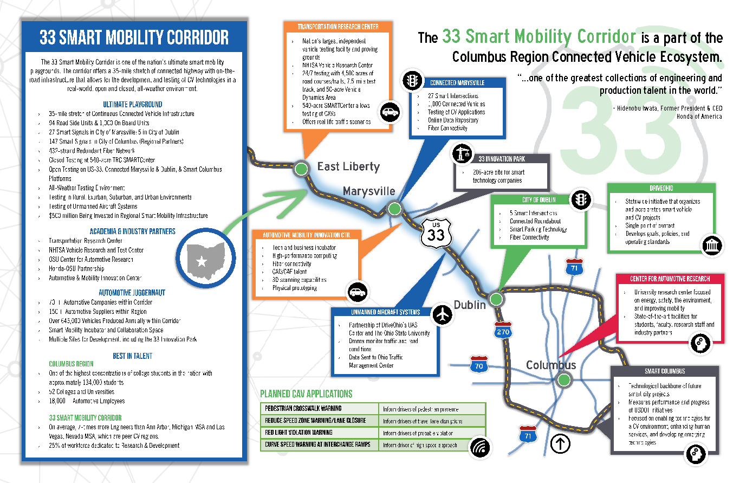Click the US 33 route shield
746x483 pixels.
[x=436, y=234]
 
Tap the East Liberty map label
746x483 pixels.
[x=348, y=166]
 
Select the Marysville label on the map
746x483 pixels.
[x=369, y=191]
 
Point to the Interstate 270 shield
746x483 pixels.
[x=503, y=331]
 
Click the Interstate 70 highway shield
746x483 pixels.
[x=479, y=365]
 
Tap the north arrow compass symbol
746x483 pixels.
[x=560, y=444]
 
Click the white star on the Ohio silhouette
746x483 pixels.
[x=202, y=262]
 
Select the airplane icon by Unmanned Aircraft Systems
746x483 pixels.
[x=443, y=314]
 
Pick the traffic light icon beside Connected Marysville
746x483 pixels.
[x=412, y=81]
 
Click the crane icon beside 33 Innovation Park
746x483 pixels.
[x=462, y=154]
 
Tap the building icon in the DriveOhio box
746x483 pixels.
[x=712, y=246]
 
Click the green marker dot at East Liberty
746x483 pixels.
[x=301, y=168]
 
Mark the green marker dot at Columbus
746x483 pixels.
[x=564, y=379]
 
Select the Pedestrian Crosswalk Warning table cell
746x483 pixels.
[x=320, y=408]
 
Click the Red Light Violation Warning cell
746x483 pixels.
[x=320, y=433]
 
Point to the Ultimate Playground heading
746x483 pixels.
[x=133, y=104]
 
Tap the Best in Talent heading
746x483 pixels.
[x=133, y=356]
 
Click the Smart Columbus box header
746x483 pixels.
[x=665, y=371]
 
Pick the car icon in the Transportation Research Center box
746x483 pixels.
[x=389, y=113]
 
